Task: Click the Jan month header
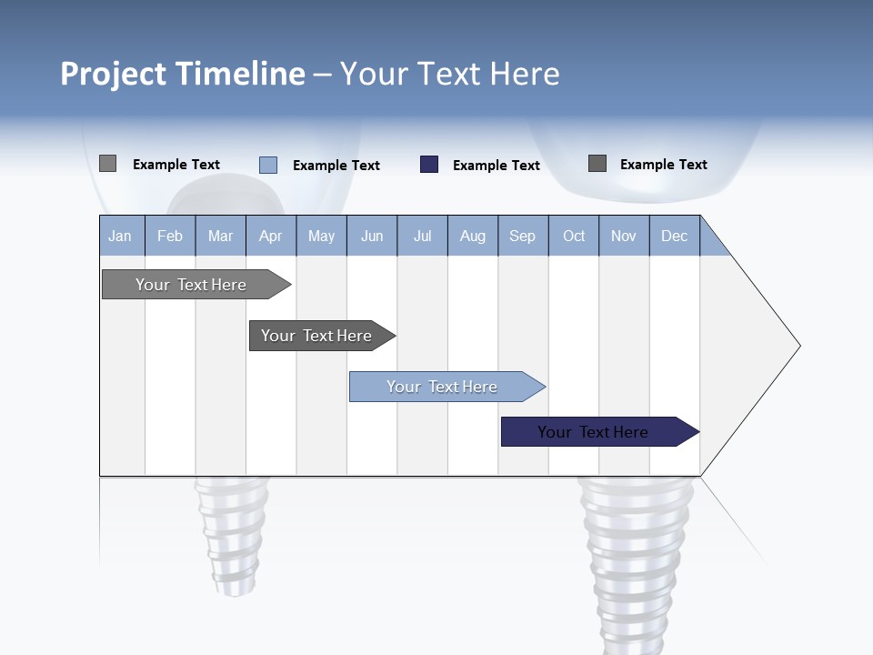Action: click(120, 237)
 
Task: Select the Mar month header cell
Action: click(220, 237)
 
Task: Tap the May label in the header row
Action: click(321, 237)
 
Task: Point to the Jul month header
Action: click(422, 237)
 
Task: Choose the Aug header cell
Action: click(472, 237)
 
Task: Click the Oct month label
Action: click(574, 237)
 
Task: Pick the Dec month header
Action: click(674, 237)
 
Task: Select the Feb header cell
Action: click(170, 237)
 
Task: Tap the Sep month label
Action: click(522, 237)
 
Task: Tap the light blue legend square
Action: click(268, 165)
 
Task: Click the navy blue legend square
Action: click(429, 165)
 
